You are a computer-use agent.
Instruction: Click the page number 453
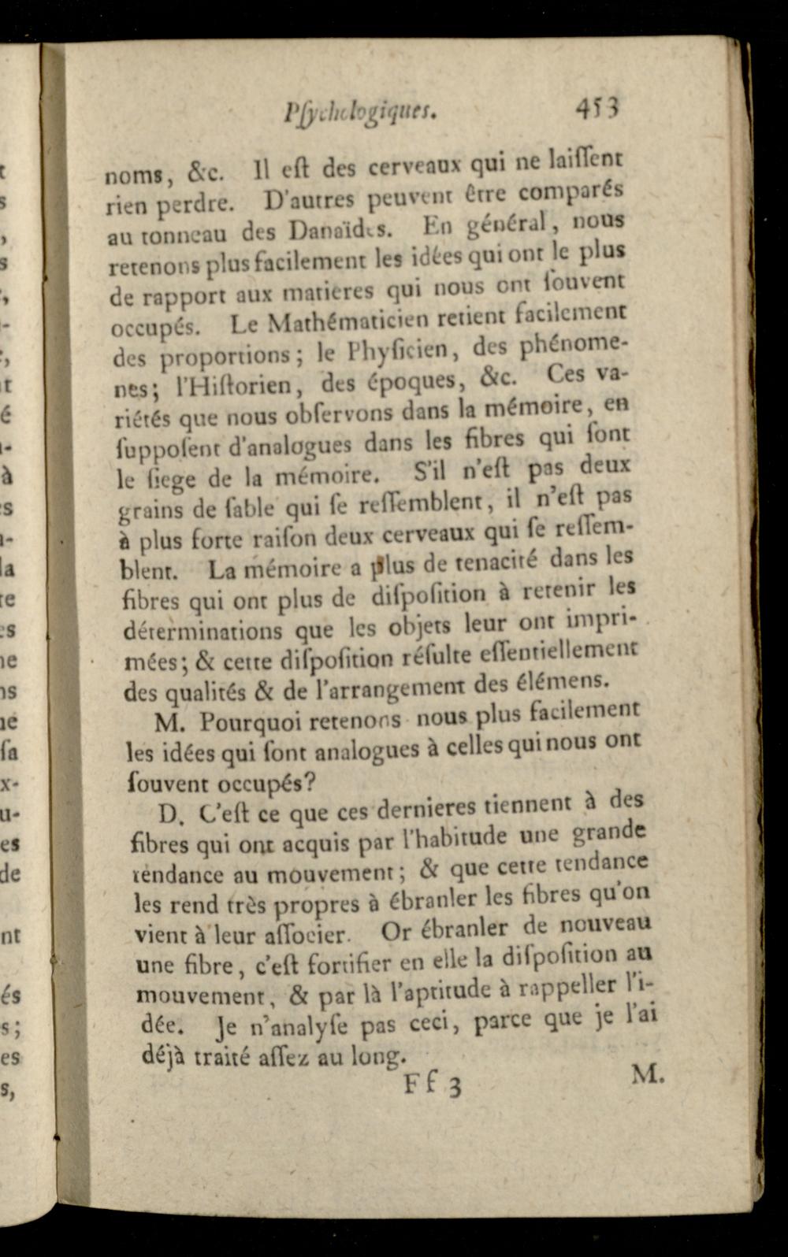[x=598, y=106]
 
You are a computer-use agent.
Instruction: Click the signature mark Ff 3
[x=433, y=1085]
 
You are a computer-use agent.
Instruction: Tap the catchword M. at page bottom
[x=648, y=1073]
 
